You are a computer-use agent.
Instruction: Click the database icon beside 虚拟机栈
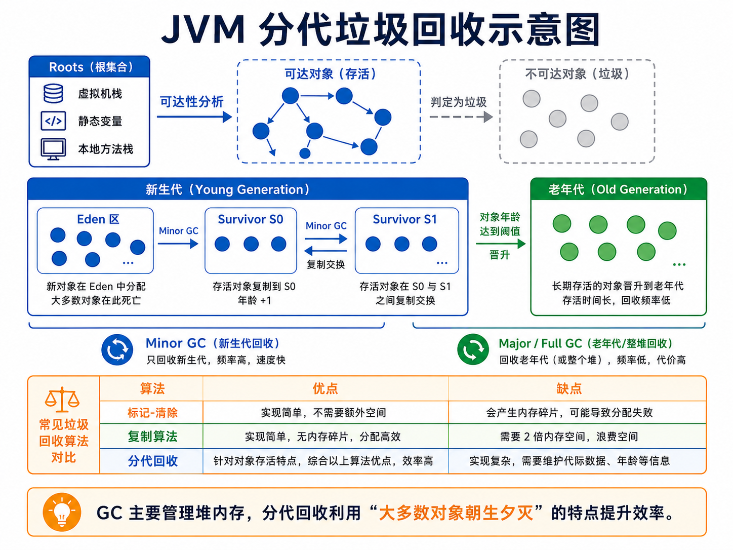point(53,94)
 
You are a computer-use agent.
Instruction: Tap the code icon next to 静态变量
point(53,121)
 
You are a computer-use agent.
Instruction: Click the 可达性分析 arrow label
point(191,102)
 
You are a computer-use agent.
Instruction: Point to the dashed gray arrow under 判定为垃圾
point(461,117)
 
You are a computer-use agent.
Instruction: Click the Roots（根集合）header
point(90,67)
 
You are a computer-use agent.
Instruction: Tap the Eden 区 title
point(98,219)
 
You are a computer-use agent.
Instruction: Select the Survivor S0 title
point(251,219)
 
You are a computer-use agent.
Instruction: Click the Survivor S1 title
point(405,219)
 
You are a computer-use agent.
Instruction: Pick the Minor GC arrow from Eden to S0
point(178,244)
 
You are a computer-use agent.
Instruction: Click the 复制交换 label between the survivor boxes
point(325,264)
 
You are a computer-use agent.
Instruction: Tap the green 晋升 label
point(500,255)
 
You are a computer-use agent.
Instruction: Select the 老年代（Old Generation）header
point(619,190)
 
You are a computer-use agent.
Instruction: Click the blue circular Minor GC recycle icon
point(117,349)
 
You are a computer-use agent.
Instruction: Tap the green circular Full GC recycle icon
point(473,349)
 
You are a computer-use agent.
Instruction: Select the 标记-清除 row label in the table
point(152,413)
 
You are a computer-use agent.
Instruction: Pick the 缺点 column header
point(569,389)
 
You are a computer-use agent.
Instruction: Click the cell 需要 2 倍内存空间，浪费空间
point(569,437)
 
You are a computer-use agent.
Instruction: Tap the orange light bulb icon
point(62,512)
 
